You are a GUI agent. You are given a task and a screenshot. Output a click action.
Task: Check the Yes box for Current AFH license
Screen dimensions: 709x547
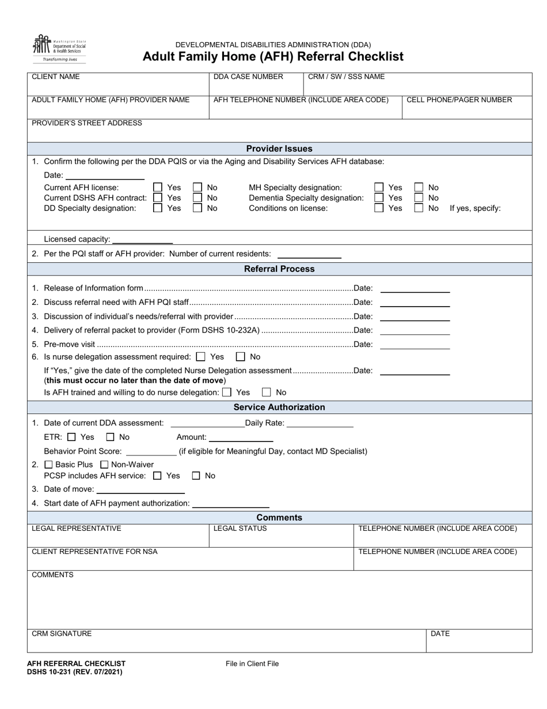click(x=158, y=187)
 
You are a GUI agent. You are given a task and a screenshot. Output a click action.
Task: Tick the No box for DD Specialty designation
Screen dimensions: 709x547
click(x=197, y=208)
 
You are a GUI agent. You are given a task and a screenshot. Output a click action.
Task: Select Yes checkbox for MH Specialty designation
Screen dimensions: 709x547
click(x=379, y=187)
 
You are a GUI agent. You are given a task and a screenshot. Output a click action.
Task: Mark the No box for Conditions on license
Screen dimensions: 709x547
click(x=419, y=208)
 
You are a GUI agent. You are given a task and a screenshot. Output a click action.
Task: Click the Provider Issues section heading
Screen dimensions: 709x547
click(x=279, y=149)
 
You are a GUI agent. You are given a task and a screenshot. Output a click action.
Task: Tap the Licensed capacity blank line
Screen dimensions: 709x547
click(x=142, y=240)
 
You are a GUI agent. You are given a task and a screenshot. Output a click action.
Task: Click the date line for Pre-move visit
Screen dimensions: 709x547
click(x=415, y=345)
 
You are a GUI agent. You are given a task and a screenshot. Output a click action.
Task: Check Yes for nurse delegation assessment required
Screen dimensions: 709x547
click(x=201, y=357)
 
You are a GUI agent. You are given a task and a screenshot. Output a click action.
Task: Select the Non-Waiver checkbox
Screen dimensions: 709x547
click(x=105, y=465)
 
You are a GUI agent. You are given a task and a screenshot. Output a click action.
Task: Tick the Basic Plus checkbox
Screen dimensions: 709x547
click(x=49, y=465)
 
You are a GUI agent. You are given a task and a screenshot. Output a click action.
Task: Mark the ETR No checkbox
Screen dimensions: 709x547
click(x=111, y=438)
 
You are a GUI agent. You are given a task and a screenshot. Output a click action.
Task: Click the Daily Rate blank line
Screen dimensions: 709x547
click(x=320, y=424)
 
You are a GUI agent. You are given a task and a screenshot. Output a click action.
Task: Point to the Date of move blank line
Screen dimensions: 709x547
click(x=140, y=490)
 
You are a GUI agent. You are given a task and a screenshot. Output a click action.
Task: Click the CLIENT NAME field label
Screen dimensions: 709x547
click(x=56, y=77)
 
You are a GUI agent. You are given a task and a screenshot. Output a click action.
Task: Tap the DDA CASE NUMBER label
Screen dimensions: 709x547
click(x=248, y=77)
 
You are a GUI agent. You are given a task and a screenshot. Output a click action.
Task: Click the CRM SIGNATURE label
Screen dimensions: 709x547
click(x=62, y=633)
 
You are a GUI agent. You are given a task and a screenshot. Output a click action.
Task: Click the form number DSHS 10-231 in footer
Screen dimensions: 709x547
click(x=74, y=672)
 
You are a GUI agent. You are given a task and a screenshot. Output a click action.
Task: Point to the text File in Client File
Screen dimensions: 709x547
click(x=252, y=663)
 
